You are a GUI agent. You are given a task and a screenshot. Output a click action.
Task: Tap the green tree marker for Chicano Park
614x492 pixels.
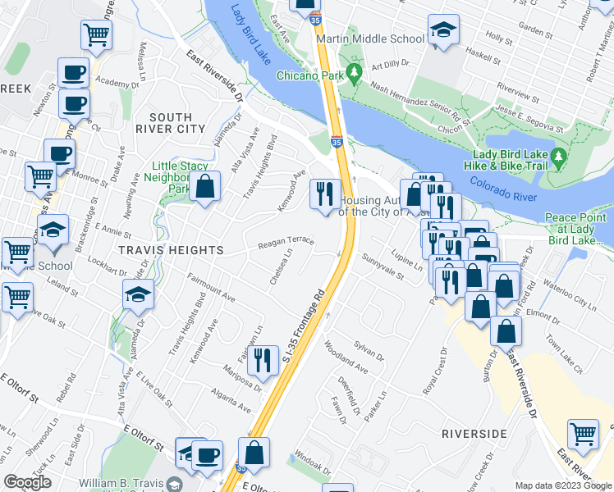[354, 74]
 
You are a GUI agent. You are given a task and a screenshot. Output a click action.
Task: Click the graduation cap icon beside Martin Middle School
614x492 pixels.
[443, 32]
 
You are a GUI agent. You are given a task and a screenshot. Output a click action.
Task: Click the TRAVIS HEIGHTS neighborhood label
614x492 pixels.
[158, 249]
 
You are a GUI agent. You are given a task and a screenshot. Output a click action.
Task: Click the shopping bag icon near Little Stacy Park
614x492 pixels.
[204, 186]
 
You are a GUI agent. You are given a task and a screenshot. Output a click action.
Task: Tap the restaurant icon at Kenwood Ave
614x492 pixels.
[325, 194]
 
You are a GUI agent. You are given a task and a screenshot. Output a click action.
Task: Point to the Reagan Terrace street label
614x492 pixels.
[286, 242]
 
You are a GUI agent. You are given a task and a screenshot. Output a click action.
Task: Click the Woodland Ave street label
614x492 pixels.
[345, 358]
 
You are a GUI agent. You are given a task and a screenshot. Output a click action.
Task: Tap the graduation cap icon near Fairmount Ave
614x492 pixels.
[138, 293]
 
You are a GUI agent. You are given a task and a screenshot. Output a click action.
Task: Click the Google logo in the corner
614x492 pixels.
[28, 482]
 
